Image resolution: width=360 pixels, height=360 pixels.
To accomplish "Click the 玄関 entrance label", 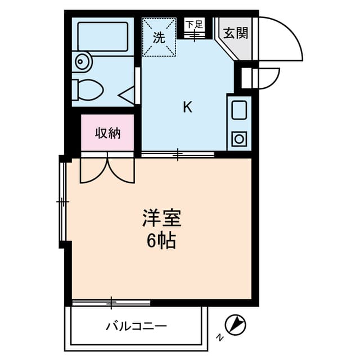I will point(235,33).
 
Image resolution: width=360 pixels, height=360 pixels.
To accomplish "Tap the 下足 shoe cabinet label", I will point(194,24).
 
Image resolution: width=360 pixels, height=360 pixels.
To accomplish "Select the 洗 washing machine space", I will point(159,38).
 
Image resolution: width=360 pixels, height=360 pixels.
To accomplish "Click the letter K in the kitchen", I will point(187,107).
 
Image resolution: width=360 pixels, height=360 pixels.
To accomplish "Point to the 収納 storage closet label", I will point(107,133).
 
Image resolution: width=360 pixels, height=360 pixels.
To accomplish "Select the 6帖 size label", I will point(161,241).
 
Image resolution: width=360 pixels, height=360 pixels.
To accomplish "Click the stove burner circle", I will point(239,138).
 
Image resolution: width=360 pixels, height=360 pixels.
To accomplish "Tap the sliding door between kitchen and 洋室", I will point(178,154).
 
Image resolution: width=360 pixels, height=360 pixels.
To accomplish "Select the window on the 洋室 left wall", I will point(63,201).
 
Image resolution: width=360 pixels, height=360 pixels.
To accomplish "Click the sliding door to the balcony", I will point(111,304).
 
